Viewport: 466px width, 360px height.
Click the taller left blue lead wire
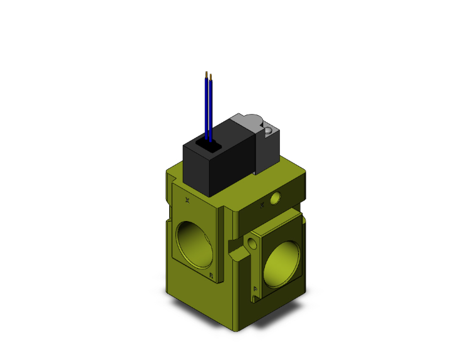(207, 106)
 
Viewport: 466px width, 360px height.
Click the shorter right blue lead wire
(211, 110)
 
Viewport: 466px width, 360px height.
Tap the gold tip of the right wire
(211, 77)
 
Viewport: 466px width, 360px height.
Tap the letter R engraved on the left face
(211, 275)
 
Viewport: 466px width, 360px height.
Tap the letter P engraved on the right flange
(256, 289)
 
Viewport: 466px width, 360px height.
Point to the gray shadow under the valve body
(238, 323)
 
